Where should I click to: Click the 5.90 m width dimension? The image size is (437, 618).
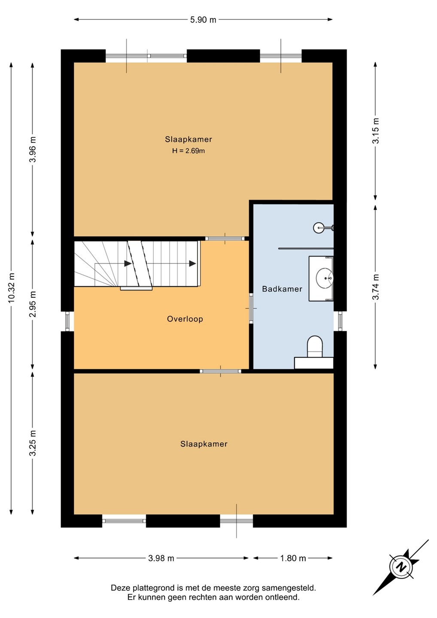(203, 20)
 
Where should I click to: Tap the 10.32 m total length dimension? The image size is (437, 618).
(12, 288)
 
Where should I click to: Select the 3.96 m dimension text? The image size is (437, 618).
(33, 150)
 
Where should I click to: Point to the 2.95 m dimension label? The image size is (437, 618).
(33, 304)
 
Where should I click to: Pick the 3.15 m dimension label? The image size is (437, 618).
(376, 131)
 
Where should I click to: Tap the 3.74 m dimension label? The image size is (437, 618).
(376, 287)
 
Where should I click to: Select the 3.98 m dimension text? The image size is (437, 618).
(161, 558)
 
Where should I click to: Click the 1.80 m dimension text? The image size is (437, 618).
(293, 558)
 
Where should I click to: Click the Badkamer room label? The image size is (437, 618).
(282, 289)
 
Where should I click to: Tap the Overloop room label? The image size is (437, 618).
(185, 319)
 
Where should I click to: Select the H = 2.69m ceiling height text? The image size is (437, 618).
(188, 151)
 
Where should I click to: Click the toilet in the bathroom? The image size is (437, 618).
(315, 347)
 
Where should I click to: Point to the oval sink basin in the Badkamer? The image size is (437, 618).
(325, 278)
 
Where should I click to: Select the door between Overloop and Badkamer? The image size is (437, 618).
(251, 308)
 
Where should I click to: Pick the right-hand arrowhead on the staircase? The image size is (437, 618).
(193, 264)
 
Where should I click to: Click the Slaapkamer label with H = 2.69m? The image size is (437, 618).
(188, 139)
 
